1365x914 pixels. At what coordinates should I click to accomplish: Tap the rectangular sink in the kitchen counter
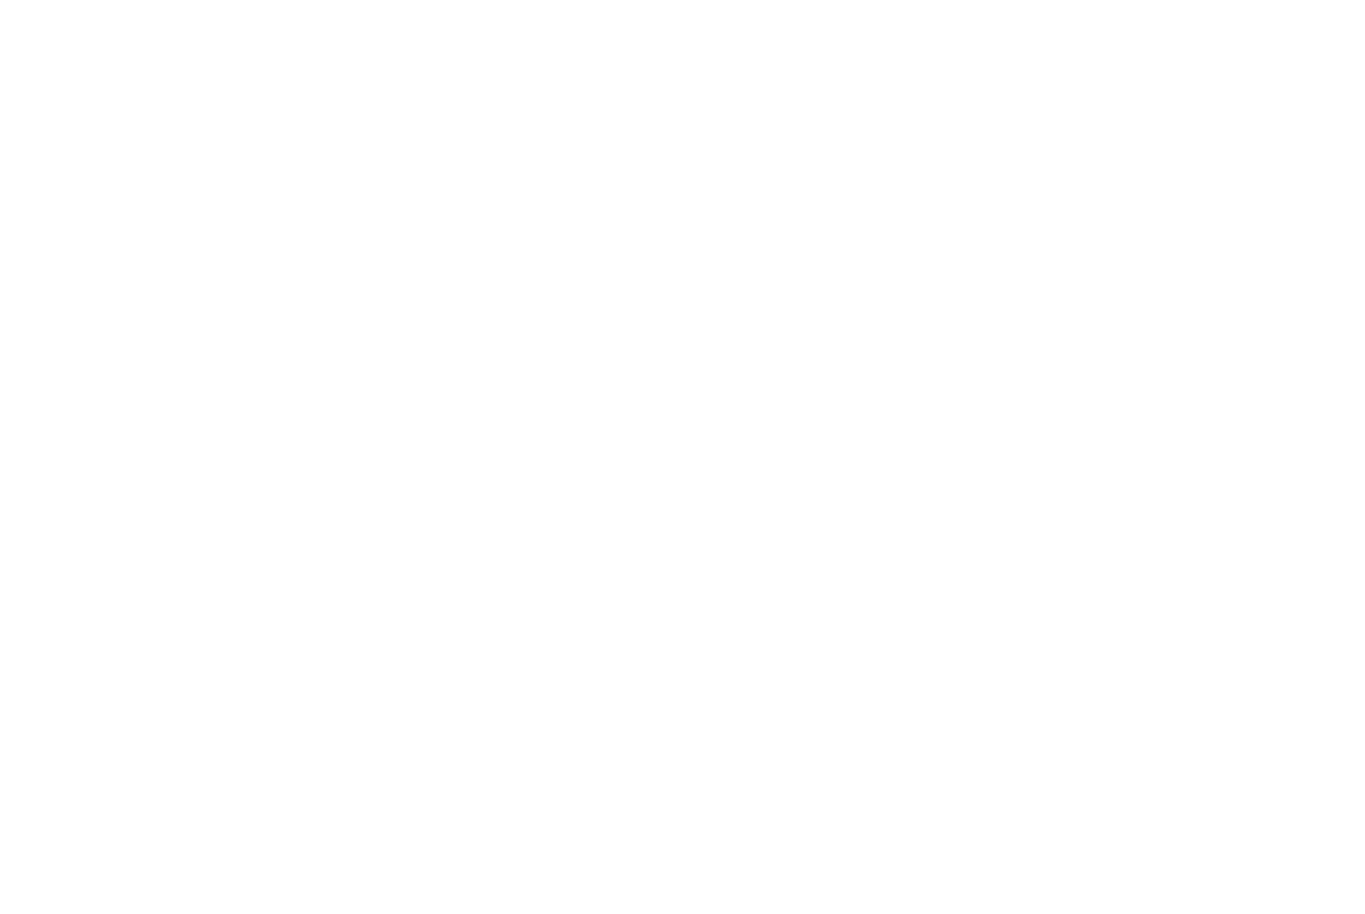[704, 269]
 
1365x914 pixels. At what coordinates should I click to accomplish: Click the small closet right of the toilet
[1302, 406]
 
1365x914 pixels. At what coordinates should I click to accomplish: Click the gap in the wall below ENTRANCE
[635, 769]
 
